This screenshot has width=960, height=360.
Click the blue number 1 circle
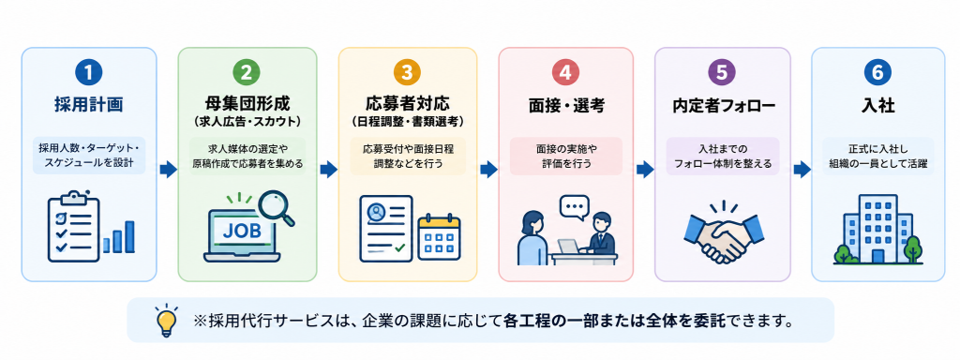[x=89, y=73]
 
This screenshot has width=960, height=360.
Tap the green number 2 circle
[x=247, y=73]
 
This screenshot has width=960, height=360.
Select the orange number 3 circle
[x=407, y=73]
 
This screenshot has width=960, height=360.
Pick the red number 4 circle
[x=565, y=73]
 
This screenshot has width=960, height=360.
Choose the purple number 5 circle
[x=722, y=73]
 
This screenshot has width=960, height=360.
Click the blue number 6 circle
[x=877, y=73]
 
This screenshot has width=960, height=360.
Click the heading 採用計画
[x=89, y=105]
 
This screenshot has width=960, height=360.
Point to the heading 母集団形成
[x=247, y=102]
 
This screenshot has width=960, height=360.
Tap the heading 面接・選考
[x=566, y=106]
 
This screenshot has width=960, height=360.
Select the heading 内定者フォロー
[x=723, y=106]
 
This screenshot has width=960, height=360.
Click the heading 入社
[x=877, y=106]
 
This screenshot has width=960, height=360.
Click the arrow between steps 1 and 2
[x=167, y=170]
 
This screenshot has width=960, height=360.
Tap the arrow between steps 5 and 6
[x=802, y=170]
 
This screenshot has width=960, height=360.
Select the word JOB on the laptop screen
[x=241, y=231]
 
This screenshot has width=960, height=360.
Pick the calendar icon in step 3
[x=439, y=238]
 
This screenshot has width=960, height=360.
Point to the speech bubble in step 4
[x=575, y=207]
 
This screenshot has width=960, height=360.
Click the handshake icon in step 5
[x=723, y=235]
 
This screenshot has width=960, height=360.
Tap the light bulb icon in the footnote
[x=165, y=320]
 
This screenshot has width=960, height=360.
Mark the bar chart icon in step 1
[x=119, y=237]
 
